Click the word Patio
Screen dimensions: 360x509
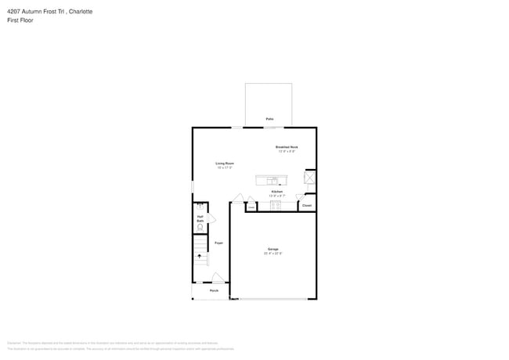269,119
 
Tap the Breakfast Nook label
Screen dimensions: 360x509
287,147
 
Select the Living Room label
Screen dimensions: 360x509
226,163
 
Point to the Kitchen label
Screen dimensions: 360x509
276,191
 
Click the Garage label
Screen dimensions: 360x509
273,249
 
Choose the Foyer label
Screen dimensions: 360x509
218,243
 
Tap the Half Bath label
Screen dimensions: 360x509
200,219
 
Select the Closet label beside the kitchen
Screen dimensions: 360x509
307,205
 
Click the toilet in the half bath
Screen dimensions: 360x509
200,229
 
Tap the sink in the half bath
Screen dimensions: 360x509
199,205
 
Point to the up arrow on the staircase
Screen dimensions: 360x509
199,256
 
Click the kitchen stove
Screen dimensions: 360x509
276,205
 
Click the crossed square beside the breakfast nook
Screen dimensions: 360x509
310,177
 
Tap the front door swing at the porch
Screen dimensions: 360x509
218,276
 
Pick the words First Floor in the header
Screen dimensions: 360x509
20,20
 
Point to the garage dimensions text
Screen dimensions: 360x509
273,254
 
